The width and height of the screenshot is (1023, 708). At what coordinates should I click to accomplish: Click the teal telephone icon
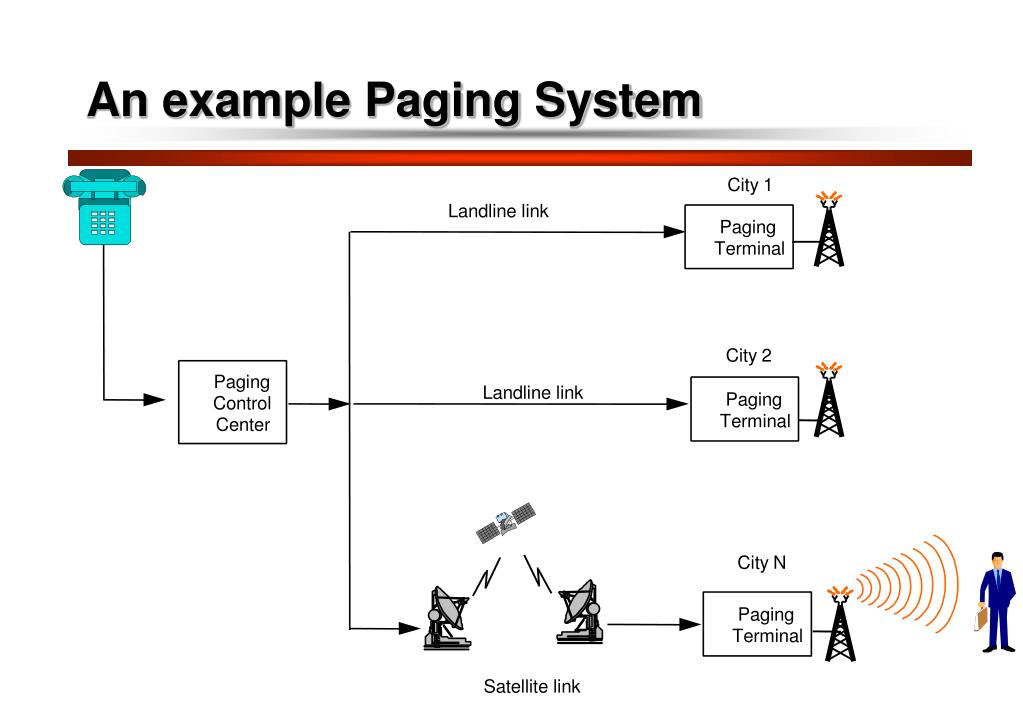104,207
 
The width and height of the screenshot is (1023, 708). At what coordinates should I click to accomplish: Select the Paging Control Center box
232,402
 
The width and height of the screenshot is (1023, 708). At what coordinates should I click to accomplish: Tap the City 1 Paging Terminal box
739,237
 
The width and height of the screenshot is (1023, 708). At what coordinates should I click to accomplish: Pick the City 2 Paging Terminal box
745,409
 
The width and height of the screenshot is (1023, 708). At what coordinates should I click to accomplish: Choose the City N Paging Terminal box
756,624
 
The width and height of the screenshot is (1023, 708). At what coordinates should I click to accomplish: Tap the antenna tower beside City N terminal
840,624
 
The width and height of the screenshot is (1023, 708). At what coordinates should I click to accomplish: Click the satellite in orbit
505,523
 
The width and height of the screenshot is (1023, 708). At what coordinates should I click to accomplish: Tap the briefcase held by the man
980,618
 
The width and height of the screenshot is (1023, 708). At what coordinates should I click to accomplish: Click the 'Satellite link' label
531,687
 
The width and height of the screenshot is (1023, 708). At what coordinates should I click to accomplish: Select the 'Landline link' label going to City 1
498,211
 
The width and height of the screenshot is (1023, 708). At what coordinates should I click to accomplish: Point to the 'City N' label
762,563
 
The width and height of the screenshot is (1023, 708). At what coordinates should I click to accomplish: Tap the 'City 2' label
749,356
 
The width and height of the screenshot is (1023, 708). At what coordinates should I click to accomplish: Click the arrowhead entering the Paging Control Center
154,400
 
